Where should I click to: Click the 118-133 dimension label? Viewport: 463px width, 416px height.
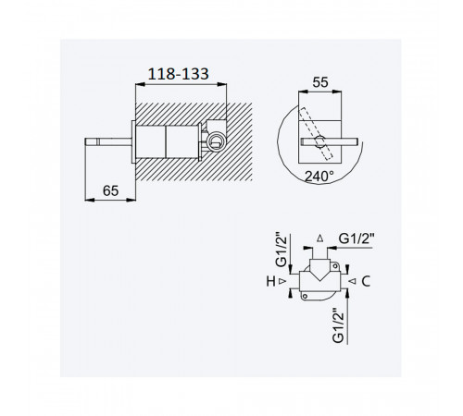click(179, 74)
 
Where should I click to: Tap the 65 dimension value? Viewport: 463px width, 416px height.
click(110, 190)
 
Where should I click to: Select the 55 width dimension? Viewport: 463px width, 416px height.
click(320, 82)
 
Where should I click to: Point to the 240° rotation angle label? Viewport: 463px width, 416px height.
click(319, 177)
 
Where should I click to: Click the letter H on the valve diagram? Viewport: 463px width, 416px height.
click(270, 281)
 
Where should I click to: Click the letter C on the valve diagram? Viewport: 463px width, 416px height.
click(366, 281)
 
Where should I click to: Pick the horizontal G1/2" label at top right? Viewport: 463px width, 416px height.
click(357, 239)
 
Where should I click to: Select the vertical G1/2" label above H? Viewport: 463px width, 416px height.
click(282, 250)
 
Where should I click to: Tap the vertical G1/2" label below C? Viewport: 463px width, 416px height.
click(338, 325)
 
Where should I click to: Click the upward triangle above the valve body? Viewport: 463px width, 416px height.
click(320, 238)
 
